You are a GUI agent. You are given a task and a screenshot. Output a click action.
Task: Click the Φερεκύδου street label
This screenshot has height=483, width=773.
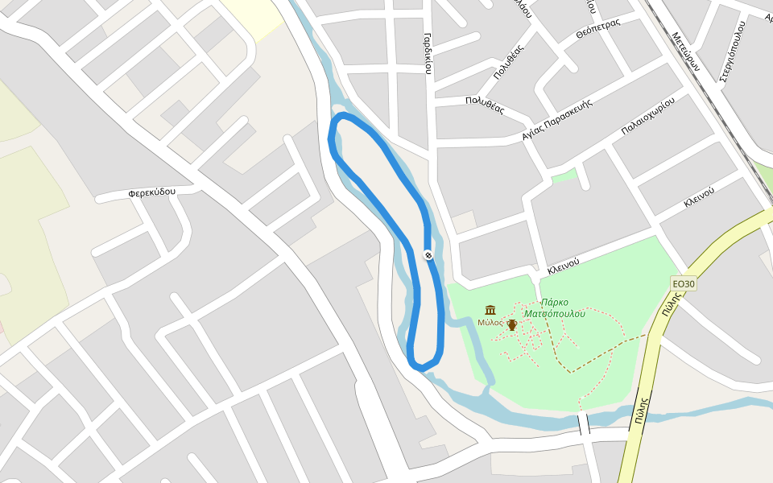coord(151,193)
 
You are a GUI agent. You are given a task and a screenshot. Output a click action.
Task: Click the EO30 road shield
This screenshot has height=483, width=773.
coord(683,283)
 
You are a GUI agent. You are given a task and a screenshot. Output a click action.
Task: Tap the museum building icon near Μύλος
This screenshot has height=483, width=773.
coord(490,310)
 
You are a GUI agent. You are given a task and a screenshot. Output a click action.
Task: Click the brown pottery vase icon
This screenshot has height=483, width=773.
coord(511,324)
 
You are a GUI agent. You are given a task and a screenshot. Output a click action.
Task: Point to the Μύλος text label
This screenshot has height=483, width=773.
coord(490,322)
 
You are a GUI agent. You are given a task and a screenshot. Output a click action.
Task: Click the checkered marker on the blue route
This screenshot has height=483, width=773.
coord(428,255)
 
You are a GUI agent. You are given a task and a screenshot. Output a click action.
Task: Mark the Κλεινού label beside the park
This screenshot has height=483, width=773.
coord(564,264)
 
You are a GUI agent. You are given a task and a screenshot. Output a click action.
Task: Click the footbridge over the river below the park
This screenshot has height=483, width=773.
coord(584,424)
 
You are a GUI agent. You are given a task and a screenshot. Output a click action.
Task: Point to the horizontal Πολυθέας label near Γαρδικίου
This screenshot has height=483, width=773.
coord(484,105)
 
